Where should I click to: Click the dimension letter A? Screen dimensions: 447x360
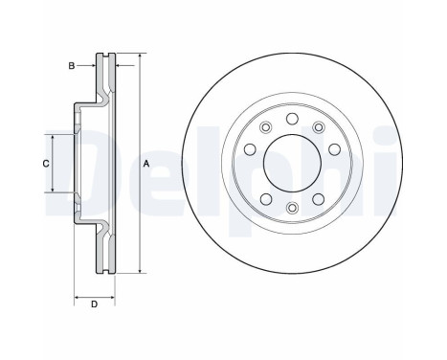(146, 164)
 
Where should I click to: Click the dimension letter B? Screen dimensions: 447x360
(72, 66)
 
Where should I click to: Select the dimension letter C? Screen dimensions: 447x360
(46, 164)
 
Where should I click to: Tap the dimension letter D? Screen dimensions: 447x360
(94, 304)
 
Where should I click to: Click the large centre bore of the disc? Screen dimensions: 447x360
(292, 163)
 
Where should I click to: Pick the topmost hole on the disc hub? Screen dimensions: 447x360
(292, 119)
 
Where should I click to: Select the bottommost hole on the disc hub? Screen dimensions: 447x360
(292, 208)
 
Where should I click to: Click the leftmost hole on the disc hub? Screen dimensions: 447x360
(250, 149)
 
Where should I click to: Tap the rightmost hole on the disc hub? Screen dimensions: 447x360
(334, 149)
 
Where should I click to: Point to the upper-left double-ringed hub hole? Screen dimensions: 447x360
(265, 127)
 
